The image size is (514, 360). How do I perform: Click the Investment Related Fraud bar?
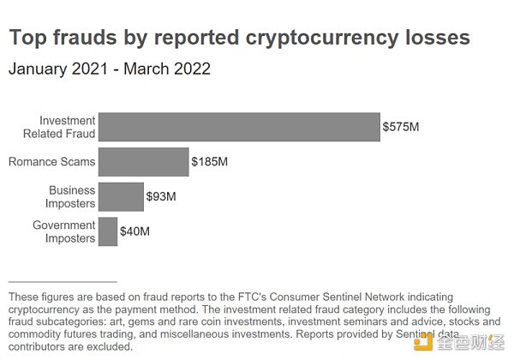pos(239,127)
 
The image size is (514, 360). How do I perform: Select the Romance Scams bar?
pos(143,161)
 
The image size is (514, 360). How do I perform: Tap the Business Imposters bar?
pos(121,196)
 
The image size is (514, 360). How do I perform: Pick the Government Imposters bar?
pos(108,231)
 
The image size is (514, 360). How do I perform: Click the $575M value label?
pos(402,128)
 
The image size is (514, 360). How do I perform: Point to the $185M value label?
pos(210,162)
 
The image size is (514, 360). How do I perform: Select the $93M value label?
pos(161,197)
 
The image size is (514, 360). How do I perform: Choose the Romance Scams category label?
pos(51,161)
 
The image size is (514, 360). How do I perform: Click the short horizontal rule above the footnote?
pos(61,281)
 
